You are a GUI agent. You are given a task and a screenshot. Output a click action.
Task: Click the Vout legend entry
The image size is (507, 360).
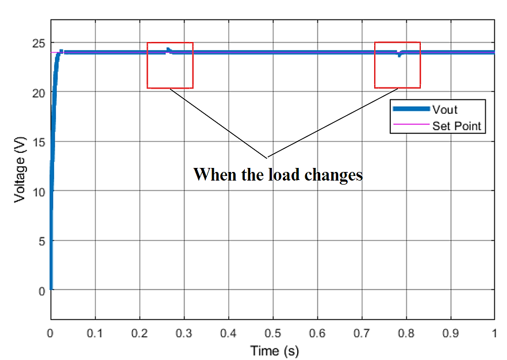pyautogui.click(x=445, y=109)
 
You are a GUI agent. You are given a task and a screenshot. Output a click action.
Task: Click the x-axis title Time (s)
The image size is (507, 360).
pyautogui.click(x=274, y=350)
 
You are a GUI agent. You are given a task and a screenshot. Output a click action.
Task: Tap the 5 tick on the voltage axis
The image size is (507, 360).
pyautogui.click(x=41, y=241)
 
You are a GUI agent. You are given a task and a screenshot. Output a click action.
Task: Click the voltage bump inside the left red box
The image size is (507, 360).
pyautogui.click(x=168, y=50)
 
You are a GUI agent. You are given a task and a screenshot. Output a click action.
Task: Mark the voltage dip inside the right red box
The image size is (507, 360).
pyautogui.click(x=399, y=55)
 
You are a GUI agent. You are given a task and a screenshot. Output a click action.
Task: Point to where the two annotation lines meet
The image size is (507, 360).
pyautogui.click(x=266, y=157)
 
